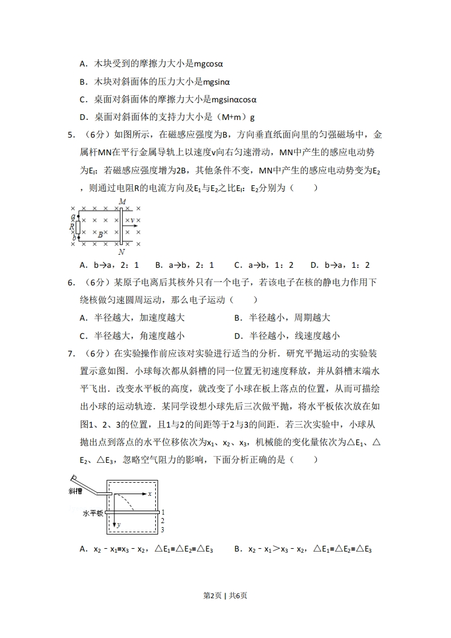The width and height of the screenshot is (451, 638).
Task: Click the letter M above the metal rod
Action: click(122, 202)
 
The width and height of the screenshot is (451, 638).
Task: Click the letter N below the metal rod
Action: click(122, 251)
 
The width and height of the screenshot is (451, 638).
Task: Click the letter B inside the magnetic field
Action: click(101, 234)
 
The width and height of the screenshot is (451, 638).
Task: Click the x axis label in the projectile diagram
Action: click(150, 494)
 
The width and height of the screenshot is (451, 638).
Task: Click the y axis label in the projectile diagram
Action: click(118, 525)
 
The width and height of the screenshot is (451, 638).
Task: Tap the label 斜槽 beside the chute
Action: click(76, 491)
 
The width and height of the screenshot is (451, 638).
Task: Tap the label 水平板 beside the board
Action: click(93, 513)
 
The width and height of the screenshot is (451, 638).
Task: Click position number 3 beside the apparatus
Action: click(162, 529)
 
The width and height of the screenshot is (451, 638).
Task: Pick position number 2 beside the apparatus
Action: click(162, 520)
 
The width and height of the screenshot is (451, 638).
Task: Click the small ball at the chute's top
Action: click(73, 477)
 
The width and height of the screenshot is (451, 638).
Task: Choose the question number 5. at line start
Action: click(71, 135)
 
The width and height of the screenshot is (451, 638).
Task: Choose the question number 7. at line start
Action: click(71, 353)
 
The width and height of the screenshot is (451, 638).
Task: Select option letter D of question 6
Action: click(238, 335)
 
